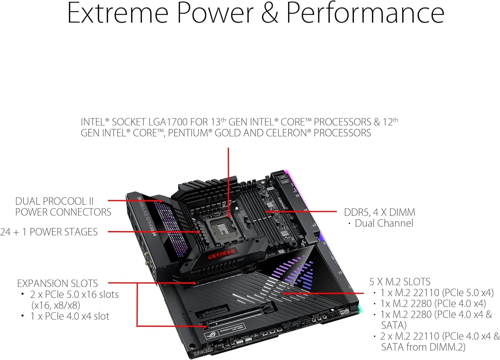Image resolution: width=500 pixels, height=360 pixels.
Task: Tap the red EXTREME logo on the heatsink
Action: (222, 254)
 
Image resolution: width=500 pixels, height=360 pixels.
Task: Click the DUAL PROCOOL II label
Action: (54, 201)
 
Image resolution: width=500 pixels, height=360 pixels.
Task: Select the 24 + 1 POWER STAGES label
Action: (49, 232)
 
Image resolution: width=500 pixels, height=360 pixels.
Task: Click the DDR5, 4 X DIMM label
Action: (379, 212)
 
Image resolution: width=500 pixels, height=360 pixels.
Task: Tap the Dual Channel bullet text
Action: (384, 223)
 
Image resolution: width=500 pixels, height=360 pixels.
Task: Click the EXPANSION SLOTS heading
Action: (57, 284)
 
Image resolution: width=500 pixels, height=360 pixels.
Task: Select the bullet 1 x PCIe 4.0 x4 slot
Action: (69, 316)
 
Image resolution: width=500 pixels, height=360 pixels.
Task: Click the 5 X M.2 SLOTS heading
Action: (399, 282)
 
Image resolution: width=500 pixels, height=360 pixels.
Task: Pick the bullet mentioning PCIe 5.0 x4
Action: (437, 293)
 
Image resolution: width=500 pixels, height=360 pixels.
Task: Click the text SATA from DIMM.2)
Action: (423, 347)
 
